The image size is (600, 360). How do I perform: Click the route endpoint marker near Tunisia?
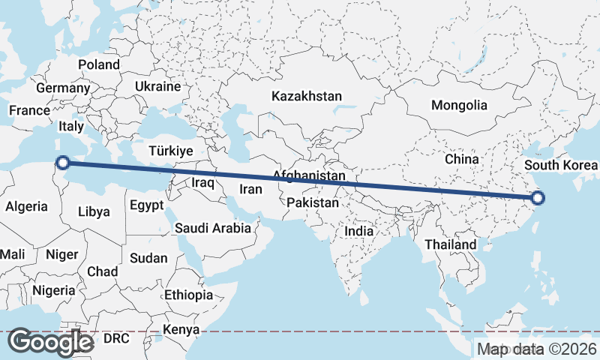pos(63,162)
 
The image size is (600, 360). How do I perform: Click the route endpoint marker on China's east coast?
pos(537,199)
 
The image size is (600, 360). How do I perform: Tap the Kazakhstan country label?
pos(307,97)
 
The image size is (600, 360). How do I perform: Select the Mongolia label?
pos(459,106)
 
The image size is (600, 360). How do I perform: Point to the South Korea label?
pos(561,166)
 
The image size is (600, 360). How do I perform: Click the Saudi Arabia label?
pos(212,228)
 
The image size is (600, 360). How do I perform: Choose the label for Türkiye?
pos(171,151)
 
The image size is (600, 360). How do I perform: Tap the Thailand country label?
pos(450,244)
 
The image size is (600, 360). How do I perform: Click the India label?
pos(358,231)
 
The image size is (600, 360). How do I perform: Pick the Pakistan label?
pos(313,202)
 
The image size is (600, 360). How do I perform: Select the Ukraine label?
pos(157,86)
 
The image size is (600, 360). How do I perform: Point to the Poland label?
pos(98,65)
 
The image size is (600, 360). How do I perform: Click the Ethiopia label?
pos(188,295)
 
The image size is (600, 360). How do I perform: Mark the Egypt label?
pos(145,205)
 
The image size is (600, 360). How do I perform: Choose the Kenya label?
pos(181,329)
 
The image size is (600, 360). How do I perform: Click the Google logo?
pos(50,342)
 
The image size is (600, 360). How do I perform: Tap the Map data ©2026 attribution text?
pos(536,349)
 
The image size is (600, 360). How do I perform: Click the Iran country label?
pos(250,190)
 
